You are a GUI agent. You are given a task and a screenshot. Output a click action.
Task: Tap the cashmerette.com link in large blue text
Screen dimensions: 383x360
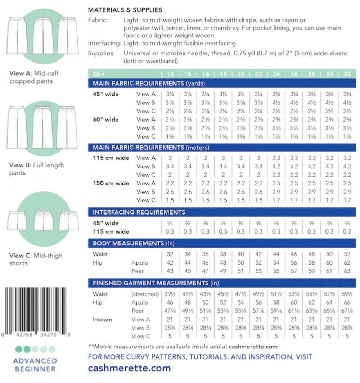click(x=129, y=368)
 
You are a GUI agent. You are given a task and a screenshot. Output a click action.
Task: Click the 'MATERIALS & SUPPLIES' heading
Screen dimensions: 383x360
click(x=125, y=10)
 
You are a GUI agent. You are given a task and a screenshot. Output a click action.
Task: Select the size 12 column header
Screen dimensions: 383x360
click(x=170, y=74)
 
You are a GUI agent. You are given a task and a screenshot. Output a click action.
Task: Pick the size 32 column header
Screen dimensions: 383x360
click(x=347, y=74)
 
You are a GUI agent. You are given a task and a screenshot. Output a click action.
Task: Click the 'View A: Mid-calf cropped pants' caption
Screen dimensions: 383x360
click(x=34, y=77)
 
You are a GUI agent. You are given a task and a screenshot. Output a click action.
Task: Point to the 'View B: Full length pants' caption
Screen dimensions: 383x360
click(x=36, y=169)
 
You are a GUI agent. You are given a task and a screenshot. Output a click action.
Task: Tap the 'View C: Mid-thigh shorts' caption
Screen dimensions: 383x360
click(x=36, y=259)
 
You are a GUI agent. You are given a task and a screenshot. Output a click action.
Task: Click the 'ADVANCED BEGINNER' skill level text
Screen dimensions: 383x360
click(x=35, y=365)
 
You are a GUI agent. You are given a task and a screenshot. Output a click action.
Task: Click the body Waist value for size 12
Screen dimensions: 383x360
click(x=170, y=254)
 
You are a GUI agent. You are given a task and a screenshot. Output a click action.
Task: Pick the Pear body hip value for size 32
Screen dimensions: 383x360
click(x=347, y=271)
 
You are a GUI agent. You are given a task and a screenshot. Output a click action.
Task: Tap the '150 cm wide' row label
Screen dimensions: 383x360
click(x=111, y=183)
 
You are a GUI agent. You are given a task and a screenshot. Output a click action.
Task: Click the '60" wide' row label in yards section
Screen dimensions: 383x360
click(x=106, y=120)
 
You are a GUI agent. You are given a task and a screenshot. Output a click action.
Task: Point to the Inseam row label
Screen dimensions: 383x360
click(x=102, y=319)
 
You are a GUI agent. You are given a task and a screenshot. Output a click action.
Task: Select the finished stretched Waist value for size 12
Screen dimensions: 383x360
click(x=170, y=294)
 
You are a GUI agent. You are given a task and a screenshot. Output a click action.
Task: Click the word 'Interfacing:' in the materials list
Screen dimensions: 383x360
click(x=104, y=44)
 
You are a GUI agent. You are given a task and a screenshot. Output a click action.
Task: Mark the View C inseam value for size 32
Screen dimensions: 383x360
click(x=347, y=336)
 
